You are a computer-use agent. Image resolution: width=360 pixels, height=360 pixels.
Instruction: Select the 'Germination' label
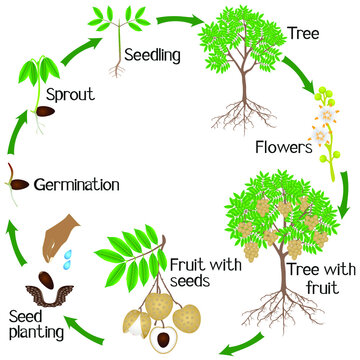click(77, 185)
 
